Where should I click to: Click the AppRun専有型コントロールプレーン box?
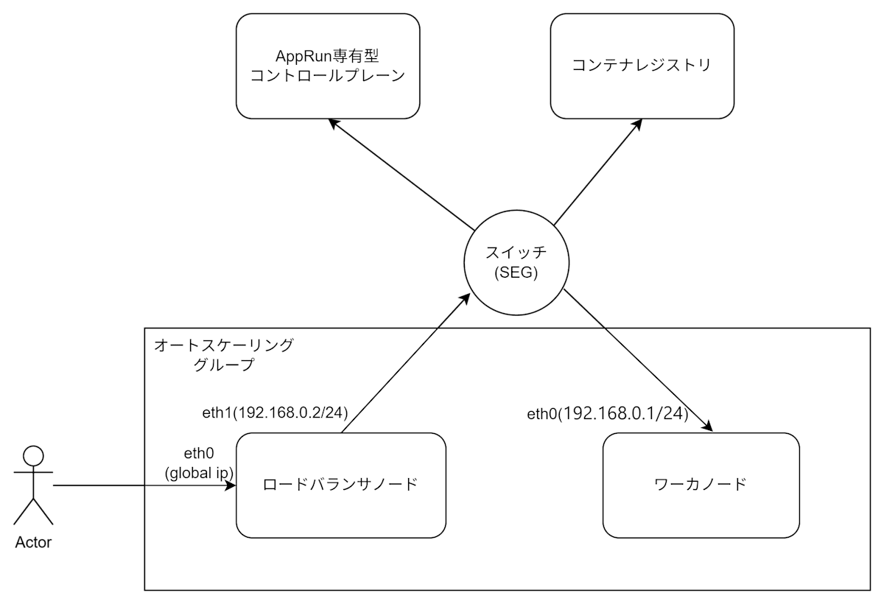coord(328,66)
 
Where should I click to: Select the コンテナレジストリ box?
coord(642,66)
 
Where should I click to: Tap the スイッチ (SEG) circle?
coord(516,262)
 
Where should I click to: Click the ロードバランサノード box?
coord(341,485)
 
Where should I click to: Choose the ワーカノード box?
coord(701,485)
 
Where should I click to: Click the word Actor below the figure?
coord(33,543)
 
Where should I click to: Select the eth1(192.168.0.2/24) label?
coord(275,411)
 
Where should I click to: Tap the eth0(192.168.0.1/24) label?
coord(608,415)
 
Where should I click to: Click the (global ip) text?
coord(199,472)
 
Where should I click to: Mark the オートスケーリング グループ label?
coord(223,354)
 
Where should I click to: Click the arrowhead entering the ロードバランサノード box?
coord(231,485)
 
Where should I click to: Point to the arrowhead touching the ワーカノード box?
coord(708,427)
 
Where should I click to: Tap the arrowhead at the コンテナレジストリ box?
coord(636,125)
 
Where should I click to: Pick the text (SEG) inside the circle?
coord(516,273)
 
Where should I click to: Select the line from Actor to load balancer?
coord(140,485)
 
